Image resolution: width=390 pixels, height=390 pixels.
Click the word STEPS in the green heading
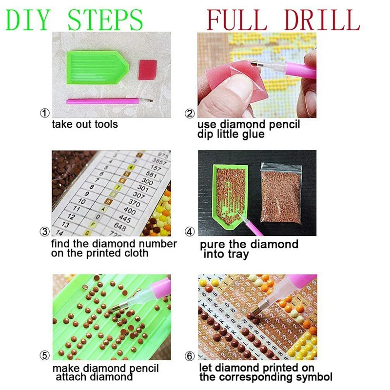tap(105, 19)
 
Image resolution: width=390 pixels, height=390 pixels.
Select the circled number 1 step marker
tap(45, 113)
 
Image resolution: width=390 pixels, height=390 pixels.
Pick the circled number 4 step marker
tap(190, 232)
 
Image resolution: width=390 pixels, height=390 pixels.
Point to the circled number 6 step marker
tap(190, 356)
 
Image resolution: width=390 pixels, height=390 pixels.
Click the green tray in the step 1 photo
tap(97, 67)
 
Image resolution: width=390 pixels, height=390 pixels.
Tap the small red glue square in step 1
tap(148, 70)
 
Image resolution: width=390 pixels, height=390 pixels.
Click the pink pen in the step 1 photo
tap(109, 101)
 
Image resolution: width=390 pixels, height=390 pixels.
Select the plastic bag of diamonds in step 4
tap(281, 193)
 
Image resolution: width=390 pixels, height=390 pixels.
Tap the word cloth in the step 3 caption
tap(136, 253)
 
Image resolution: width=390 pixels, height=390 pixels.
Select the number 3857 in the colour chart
tap(159, 162)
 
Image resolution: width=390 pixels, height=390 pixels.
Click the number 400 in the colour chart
tap(130, 211)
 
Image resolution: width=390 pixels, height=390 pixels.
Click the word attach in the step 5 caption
tap(71, 377)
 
